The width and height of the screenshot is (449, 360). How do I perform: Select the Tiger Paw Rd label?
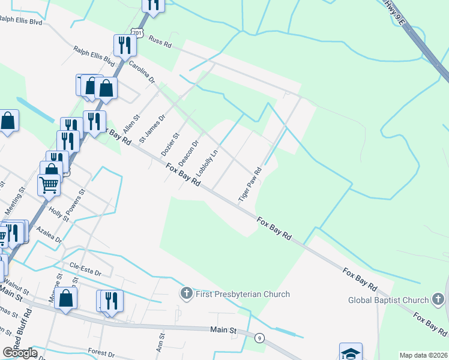point(250,184)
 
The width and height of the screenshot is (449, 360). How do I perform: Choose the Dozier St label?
point(170,145)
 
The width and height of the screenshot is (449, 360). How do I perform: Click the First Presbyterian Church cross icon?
point(186,293)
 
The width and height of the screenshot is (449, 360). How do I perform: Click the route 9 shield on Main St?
point(259,338)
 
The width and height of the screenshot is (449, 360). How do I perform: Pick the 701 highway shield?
point(139,32)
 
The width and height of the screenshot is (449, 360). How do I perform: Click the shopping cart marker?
point(49,184)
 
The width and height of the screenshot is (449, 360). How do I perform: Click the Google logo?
point(19,352)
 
